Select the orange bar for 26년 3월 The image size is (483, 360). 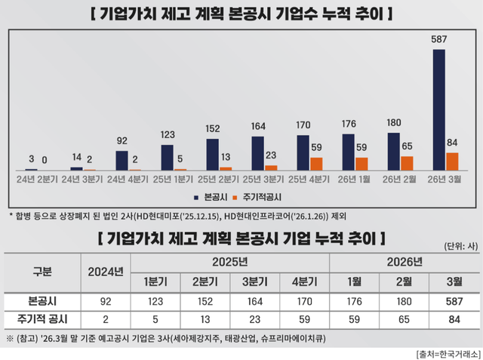pos(453,161)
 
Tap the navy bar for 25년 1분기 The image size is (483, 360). pos(167,157)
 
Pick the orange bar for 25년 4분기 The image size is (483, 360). pos(316,163)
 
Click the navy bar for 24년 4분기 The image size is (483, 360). pos(122,160)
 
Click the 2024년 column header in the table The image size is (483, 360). pos(106,271)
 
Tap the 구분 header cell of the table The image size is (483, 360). pos(42,271)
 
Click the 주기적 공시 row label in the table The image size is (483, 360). pos(42,319)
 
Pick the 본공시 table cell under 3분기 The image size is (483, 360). pos(254,300)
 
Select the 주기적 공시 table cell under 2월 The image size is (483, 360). pos(405,319)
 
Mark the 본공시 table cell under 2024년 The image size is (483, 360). pos(106,300)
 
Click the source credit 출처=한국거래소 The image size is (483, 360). pos(445,353)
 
